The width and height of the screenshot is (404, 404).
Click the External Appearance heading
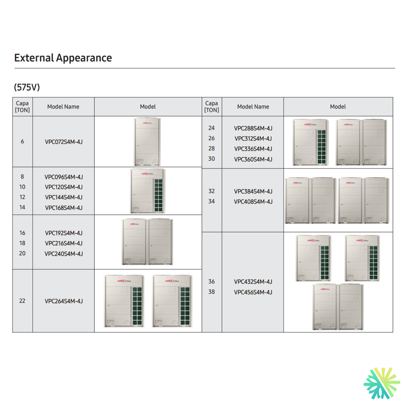(x=63, y=58)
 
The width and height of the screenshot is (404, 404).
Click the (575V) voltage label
(x=27, y=87)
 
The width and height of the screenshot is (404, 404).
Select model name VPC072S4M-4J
(x=64, y=142)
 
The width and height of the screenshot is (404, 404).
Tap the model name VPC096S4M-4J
(x=64, y=177)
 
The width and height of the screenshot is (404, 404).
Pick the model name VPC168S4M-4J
(x=64, y=208)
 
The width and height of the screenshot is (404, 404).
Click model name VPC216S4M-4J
(x=64, y=243)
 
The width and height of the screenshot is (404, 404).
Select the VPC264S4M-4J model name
(x=64, y=301)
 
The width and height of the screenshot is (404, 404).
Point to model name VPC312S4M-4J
(x=253, y=138)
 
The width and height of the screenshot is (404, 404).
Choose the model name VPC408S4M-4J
(x=253, y=202)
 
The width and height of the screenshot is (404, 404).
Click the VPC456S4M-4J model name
(x=253, y=292)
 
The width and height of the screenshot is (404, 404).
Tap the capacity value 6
(x=23, y=142)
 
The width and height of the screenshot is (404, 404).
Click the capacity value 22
(x=23, y=301)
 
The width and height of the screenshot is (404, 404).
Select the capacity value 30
(x=212, y=159)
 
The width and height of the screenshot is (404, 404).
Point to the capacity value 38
(x=212, y=292)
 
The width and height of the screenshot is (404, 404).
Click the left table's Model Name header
(x=63, y=107)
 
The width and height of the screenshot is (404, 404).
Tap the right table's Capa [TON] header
(x=212, y=107)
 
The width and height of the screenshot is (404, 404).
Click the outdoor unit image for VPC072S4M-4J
(x=148, y=142)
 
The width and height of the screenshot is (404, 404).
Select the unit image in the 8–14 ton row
(x=147, y=191)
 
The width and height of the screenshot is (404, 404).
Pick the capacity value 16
(x=23, y=233)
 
